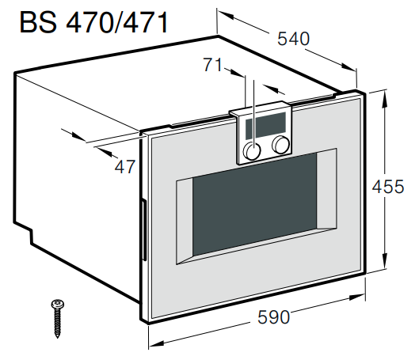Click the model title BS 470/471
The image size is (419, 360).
[94, 21]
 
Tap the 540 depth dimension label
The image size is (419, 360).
[292, 38]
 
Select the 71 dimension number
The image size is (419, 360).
[213, 66]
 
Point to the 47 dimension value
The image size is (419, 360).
[125, 167]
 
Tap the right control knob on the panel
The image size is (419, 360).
[280, 145]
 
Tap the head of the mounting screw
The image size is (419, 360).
[57, 303]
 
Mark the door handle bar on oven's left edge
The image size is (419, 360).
[143, 229]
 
